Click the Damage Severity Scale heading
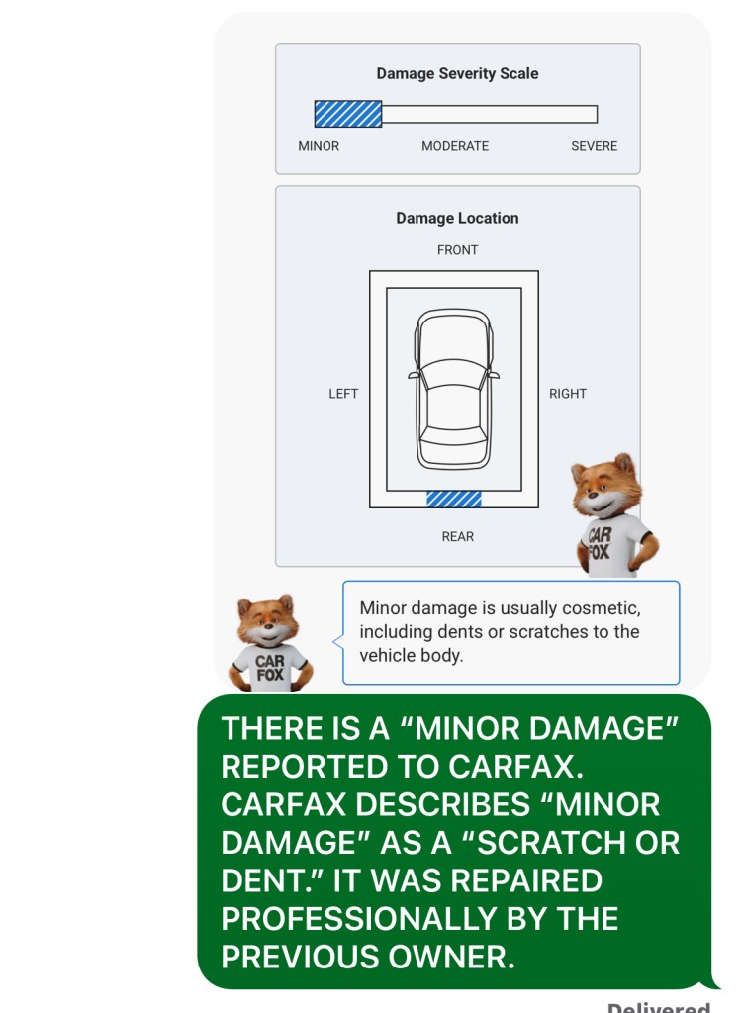point(457,73)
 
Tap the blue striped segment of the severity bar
point(347,114)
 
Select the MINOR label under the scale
point(318,146)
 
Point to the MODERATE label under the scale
point(455,146)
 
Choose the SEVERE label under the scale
point(594,146)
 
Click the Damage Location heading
point(457,219)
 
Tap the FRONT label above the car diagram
point(457,250)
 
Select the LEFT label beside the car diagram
point(343,394)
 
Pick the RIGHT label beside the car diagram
point(568,394)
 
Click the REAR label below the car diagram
point(458,537)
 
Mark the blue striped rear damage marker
point(454,499)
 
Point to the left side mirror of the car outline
point(414,375)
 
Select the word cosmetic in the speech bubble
point(602,608)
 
